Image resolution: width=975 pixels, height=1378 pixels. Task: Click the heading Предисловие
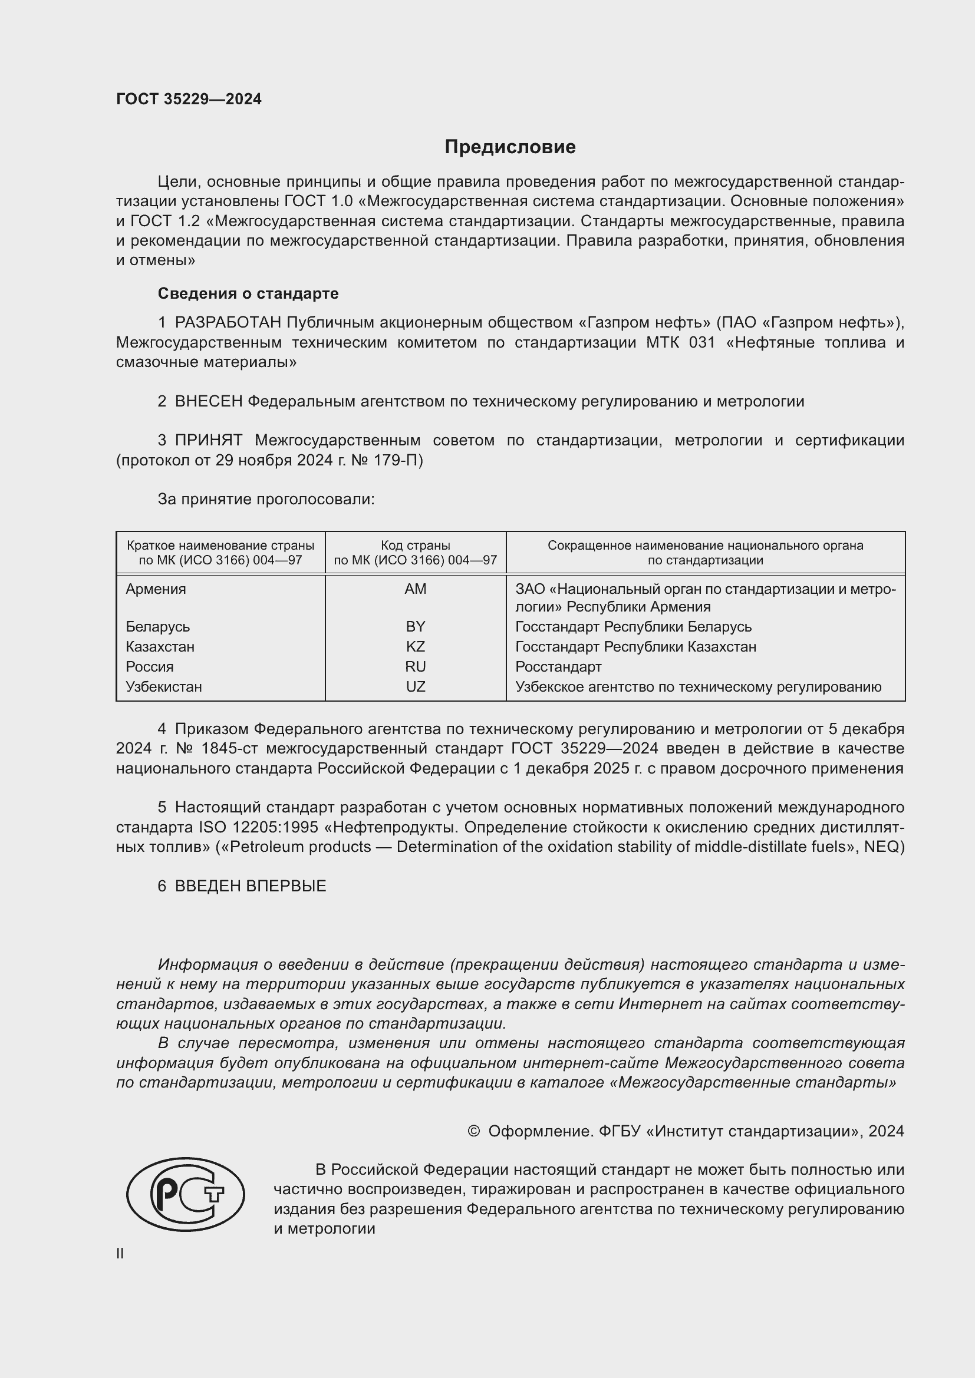[510, 147]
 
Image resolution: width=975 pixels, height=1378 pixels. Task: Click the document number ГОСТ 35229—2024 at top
[189, 99]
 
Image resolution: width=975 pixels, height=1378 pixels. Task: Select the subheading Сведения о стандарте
[248, 293]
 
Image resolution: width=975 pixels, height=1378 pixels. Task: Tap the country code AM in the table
[415, 589]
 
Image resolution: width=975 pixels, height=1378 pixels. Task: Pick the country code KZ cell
[415, 646]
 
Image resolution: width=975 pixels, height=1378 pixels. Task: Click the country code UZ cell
[415, 686]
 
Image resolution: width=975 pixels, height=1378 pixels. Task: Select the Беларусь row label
[157, 627]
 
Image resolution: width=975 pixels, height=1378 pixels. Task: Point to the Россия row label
[150, 667]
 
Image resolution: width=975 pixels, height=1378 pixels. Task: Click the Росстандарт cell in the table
[558, 667]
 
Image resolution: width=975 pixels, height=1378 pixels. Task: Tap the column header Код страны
[415, 546]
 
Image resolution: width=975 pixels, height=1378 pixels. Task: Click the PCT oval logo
[186, 1194]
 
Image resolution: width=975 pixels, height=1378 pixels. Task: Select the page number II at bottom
[120, 1253]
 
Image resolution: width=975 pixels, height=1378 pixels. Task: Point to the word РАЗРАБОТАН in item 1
[228, 323]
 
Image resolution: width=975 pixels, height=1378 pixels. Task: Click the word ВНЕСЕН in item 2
[208, 402]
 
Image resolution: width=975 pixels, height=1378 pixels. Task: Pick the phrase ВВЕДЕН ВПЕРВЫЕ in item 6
[251, 886]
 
